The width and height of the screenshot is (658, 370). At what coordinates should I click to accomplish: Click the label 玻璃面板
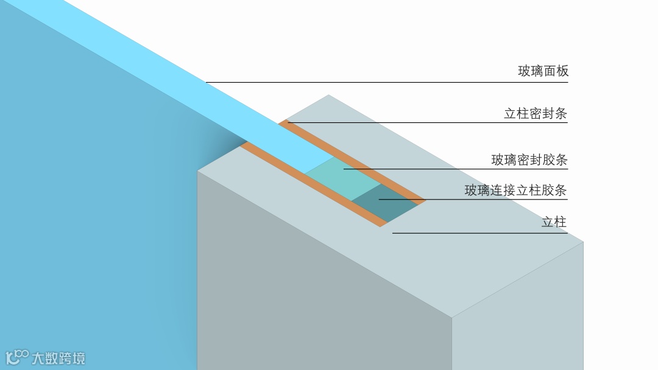point(543,71)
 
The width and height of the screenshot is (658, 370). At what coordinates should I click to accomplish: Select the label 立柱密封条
point(536,114)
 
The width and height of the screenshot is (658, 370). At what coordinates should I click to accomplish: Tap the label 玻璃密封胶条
point(529,160)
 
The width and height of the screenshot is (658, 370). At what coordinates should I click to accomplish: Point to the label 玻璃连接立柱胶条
point(515,190)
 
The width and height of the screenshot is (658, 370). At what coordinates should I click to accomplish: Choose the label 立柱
point(554,222)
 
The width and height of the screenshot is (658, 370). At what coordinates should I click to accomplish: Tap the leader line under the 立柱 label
point(481,232)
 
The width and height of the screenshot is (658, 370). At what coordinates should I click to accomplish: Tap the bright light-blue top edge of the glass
point(183,79)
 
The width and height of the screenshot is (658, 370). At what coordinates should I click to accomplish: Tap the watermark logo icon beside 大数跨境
point(16,357)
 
